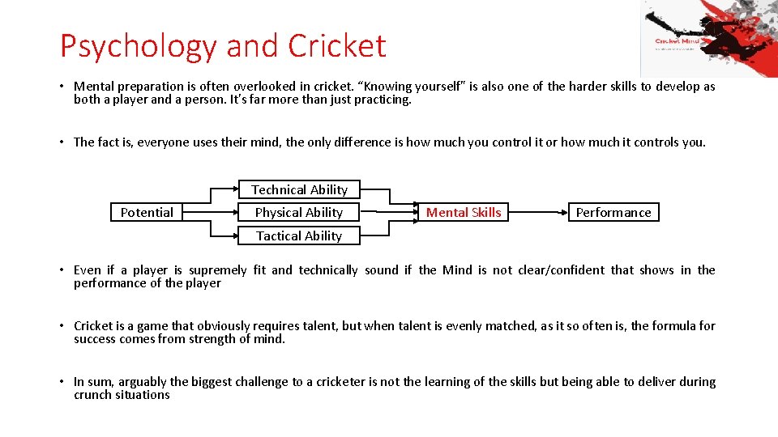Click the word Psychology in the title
pyautogui.click(x=139, y=46)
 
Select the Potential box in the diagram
pyautogui.click(x=147, y=212)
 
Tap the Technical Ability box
pyautogui.click(x=299, y=189)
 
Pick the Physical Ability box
pyautogui.click(x=299, y=212)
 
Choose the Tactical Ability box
pyautogui.click(x=299, y=235)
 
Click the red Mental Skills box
pyautogui.click(x=464, y=212)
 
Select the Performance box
pyautogui.click(x=613, y=212)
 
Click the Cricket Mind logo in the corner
pyautogui.click(x=709, y=39)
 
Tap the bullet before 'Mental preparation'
pyautogui.click(x=62, y=87)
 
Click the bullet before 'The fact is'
pyautogui.click(x=62, y=142)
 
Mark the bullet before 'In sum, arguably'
pyautogui.click(x=62, y=382)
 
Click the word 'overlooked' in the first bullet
pyautogui.click(x=265, y=87)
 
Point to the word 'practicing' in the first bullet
pyautogui.click(x=381, y=100)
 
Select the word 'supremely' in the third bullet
pyautogui.click(x=217, y=269)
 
